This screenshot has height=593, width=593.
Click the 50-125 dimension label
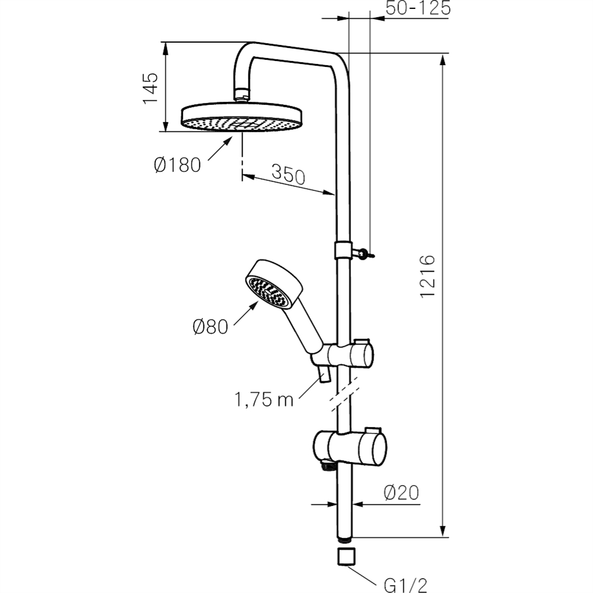(x=417, y=9)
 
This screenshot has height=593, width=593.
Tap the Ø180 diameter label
(x=177, y=164)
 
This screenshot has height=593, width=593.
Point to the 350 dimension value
(x=288, y=175)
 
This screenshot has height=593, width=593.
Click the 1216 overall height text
(x=428, y=277)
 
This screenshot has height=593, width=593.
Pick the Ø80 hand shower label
(x=210, y=326)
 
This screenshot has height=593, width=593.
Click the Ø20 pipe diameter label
(x=401, y=492)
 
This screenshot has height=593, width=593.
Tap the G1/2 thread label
(x=406, y=584)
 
